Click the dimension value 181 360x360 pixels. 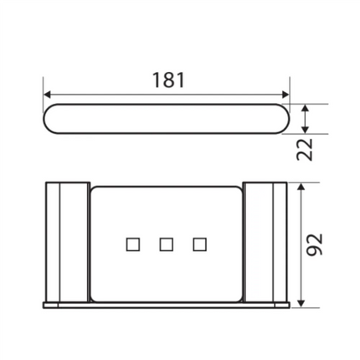pos(168,81)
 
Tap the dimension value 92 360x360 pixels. pos(314,245)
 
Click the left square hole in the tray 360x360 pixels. pos(133,244)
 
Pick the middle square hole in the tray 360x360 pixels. pos(166,244)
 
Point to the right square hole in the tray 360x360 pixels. pos(198,244)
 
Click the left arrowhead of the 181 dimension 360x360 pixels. pos(48,95)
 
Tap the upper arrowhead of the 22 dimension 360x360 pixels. pos(306,108)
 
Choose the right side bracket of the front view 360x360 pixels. pos(265,243)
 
